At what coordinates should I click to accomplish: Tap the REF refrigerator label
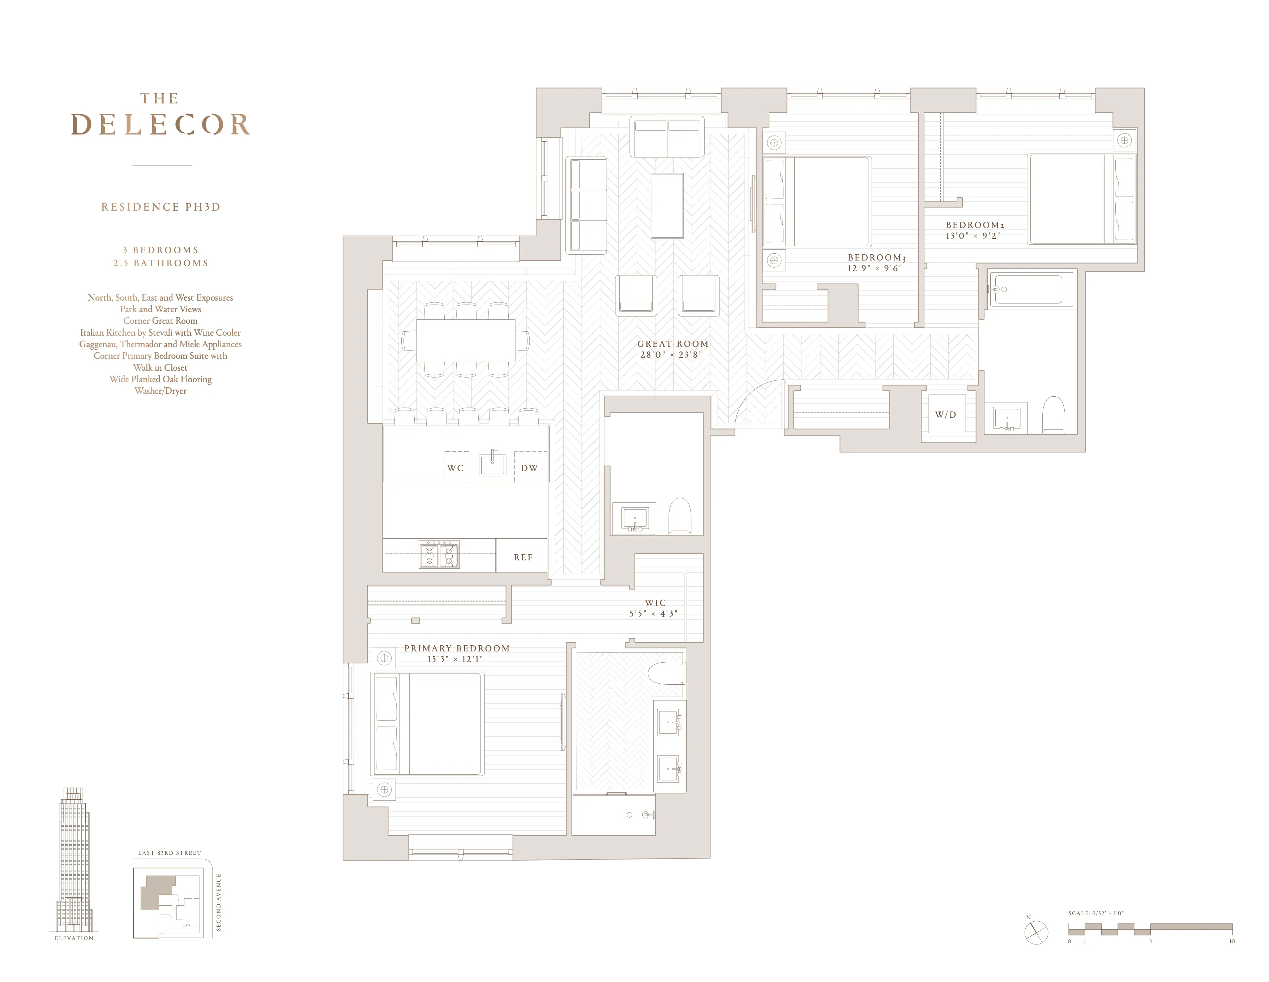tap(523, 557)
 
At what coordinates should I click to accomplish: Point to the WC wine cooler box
tap(456, 467)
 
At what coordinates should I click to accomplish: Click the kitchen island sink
tap(492, 465)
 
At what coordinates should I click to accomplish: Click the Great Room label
tap(673, 344)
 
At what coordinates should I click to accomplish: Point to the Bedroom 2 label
tap(974, 225)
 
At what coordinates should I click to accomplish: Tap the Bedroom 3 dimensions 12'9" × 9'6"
tap(875, 268)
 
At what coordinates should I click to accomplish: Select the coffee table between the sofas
tap(667, 206)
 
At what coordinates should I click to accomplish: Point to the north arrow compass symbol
tap(1036, 933)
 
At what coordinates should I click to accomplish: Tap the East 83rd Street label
tap(169, 853)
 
